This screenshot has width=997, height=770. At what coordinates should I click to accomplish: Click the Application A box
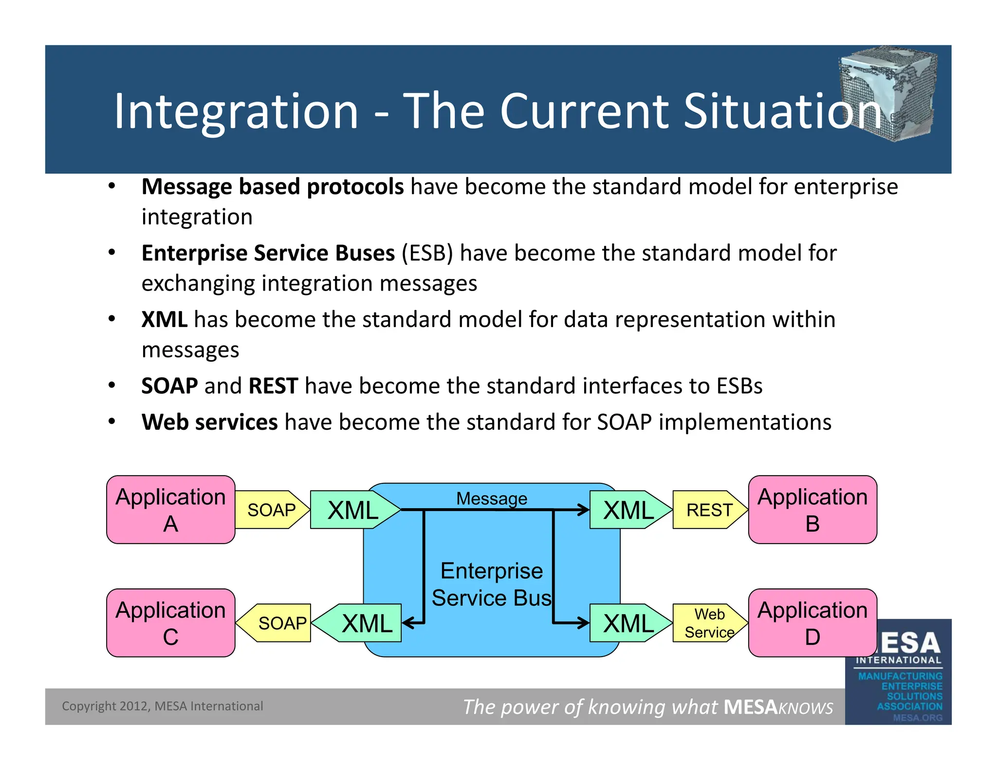(170, 510)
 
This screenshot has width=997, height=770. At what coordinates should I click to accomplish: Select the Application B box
(812, 510)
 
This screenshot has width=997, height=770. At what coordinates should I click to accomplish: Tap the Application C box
(170, 623)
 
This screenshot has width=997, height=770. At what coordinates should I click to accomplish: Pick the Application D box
(812, 623)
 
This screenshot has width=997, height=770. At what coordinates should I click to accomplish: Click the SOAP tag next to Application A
(271, 510)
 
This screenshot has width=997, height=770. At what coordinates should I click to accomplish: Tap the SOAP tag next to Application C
(281, 623)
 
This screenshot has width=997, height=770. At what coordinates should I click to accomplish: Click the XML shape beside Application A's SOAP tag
(353, 510)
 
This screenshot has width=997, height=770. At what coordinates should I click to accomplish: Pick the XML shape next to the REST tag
(628, 510)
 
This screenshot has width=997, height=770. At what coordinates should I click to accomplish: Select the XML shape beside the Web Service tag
(628, 623)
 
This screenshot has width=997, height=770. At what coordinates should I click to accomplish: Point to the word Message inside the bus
(491, 498)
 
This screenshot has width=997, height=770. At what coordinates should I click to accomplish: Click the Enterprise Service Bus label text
(491, 584)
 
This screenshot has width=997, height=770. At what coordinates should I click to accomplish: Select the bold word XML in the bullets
(164, 320)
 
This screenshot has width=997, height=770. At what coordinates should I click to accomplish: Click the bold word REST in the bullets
(273, 386)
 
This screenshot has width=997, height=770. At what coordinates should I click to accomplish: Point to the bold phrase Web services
(209, 422)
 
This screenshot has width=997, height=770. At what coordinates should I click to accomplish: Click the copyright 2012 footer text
(162, 706)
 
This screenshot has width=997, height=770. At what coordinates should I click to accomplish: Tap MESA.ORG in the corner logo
(917, 717)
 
